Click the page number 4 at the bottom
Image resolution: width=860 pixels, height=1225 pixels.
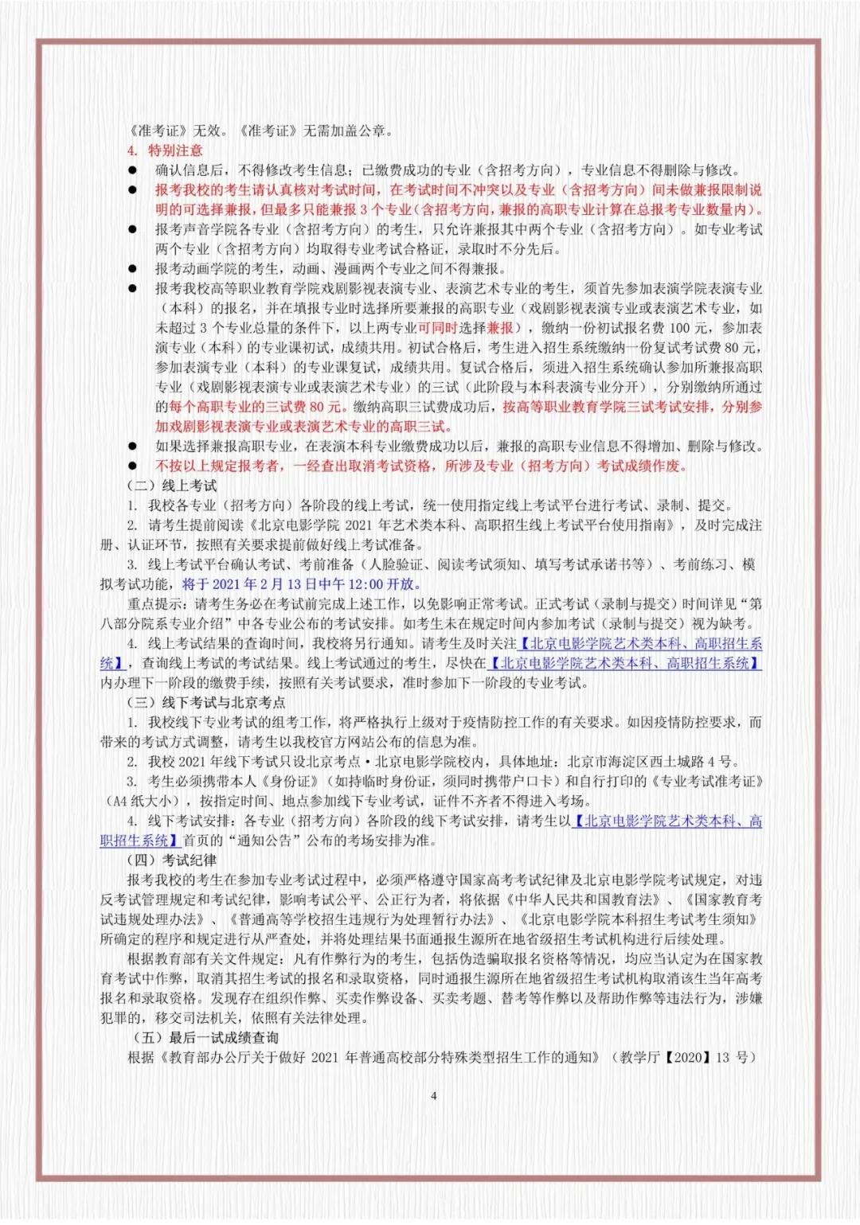click(433, 1095)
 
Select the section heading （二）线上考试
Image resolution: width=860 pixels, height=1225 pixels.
click(172, 486)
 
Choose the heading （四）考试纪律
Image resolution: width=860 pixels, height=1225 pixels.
click(172, 860)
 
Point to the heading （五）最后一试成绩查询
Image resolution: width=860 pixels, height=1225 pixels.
click(205, 1037)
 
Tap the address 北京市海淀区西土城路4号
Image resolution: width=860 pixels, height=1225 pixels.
click(650, 762)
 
